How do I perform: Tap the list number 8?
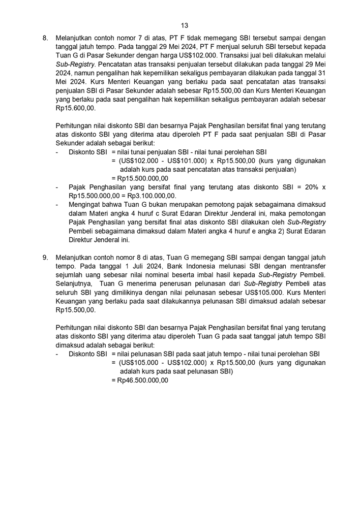pos(45,38)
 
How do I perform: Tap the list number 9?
pos(45,258)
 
